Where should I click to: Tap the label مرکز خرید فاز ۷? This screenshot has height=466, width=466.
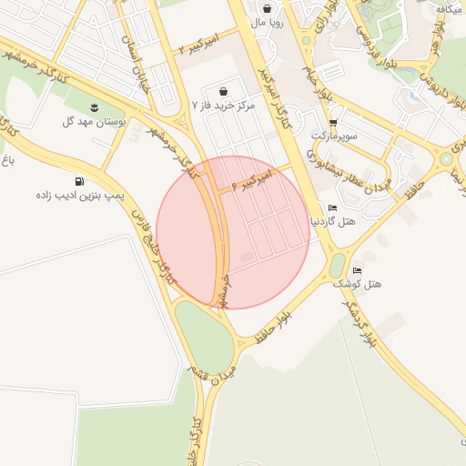(224, 106)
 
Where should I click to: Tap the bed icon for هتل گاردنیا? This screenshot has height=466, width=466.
(332, 208)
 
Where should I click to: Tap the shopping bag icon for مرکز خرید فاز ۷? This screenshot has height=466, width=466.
(224, 91)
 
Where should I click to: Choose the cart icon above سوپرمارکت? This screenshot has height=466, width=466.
(333, 122)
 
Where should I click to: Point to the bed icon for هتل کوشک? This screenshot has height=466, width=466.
(357, 270)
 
